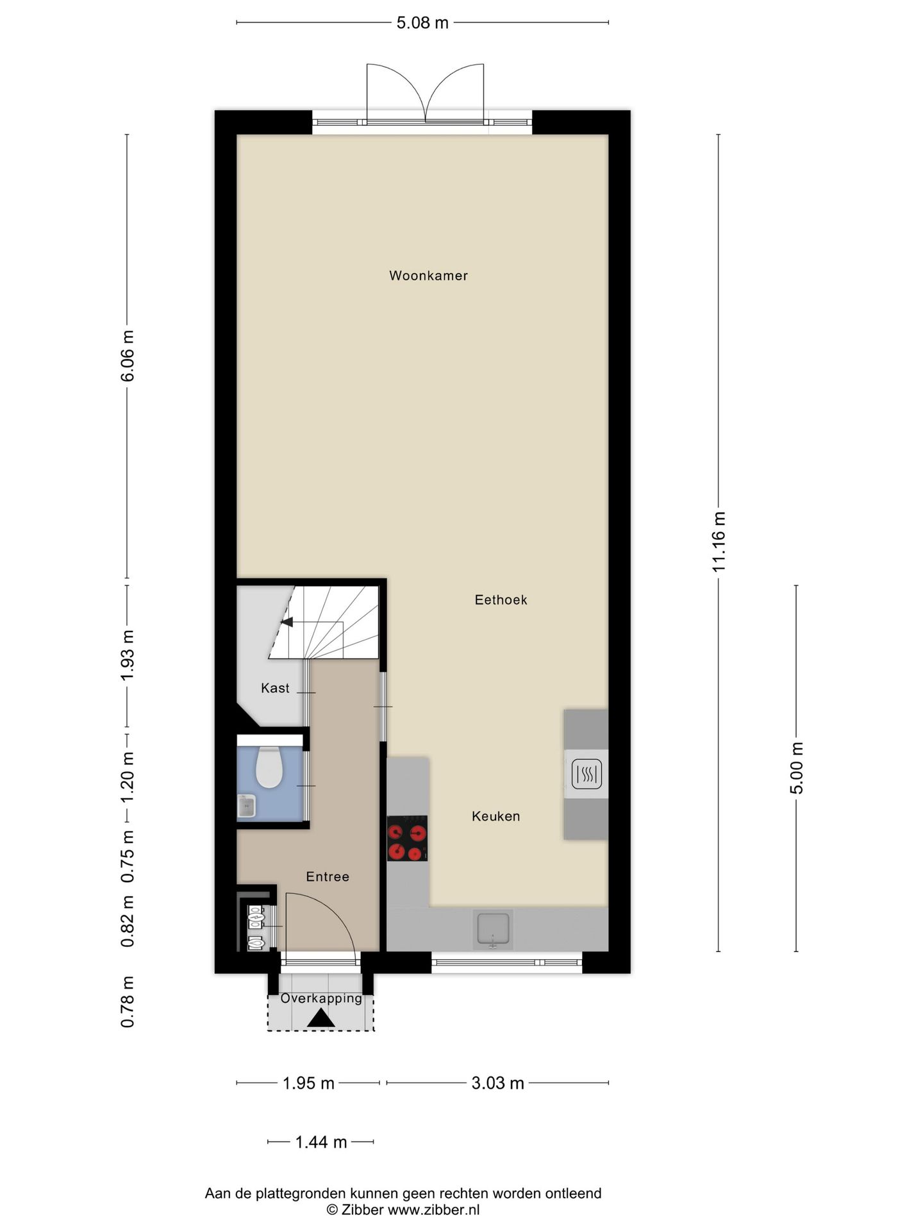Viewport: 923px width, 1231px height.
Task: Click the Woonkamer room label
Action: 428,276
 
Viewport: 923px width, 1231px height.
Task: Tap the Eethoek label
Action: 501,600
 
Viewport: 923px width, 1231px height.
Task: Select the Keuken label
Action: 495,816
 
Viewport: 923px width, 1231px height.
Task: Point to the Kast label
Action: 275,688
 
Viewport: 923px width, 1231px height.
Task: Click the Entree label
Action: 328,876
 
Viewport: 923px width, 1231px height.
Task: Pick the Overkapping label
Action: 321,998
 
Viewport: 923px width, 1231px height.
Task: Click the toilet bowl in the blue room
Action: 269,767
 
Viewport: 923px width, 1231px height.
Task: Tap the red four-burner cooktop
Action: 407,838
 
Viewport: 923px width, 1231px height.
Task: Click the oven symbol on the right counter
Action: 586,774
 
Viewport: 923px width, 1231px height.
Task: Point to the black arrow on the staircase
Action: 287,622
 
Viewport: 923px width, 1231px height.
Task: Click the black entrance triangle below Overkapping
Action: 320,1019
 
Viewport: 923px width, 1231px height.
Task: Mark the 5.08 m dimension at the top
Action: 422,23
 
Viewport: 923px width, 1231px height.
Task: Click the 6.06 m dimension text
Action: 128,356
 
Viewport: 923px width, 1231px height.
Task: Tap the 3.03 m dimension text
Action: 497,1083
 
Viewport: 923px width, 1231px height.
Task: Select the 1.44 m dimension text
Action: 320,1142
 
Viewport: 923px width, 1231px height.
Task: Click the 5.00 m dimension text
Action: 796,768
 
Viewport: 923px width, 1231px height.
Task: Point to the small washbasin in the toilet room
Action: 246,807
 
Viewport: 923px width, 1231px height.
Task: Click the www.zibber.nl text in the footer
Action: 433,1210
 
